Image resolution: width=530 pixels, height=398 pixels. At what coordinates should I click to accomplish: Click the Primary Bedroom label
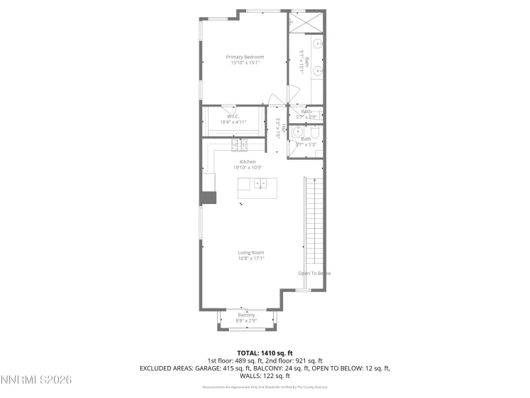245,57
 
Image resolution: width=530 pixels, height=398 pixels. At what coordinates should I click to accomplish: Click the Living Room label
250,252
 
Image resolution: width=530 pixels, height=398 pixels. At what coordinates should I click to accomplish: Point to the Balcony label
246,315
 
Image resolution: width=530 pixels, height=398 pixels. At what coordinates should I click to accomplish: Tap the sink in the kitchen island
260,184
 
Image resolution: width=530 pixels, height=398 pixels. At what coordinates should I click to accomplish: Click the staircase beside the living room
314,220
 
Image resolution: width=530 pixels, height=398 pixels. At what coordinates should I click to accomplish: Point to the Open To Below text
314,273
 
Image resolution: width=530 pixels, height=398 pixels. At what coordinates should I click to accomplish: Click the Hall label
284,129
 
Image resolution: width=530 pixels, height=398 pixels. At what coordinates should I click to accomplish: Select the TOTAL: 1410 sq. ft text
265,352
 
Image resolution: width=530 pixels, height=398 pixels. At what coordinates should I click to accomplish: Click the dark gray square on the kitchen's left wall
207,198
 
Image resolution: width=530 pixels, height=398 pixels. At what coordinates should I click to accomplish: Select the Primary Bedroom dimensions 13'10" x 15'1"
245,63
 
